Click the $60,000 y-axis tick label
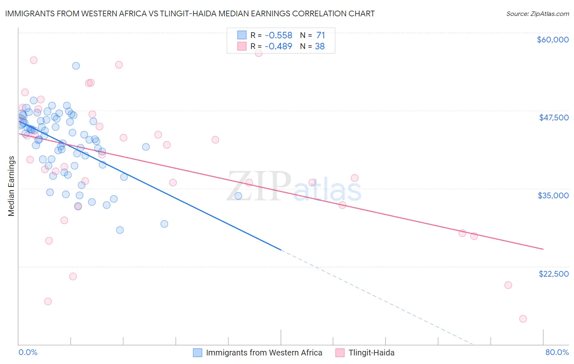(552, 40)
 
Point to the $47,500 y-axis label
(554, 118)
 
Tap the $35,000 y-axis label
(553, 195)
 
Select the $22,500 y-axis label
(554, 274)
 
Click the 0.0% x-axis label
(28, 353)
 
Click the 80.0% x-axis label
(557, 353)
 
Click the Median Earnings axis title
(11, 186)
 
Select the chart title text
(190, 13)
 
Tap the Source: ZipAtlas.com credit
(537, 14)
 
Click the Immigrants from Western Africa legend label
(264, 353)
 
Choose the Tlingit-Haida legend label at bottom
(372, 353)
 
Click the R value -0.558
(278, 36)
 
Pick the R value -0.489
(278, 47)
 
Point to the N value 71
(320, 36)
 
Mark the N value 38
(320, 47)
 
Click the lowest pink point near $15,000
(523, 319)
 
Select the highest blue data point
(76, 66)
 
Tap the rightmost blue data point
(238, 196)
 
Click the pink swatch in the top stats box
(242, 47)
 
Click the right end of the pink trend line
(543, 249)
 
